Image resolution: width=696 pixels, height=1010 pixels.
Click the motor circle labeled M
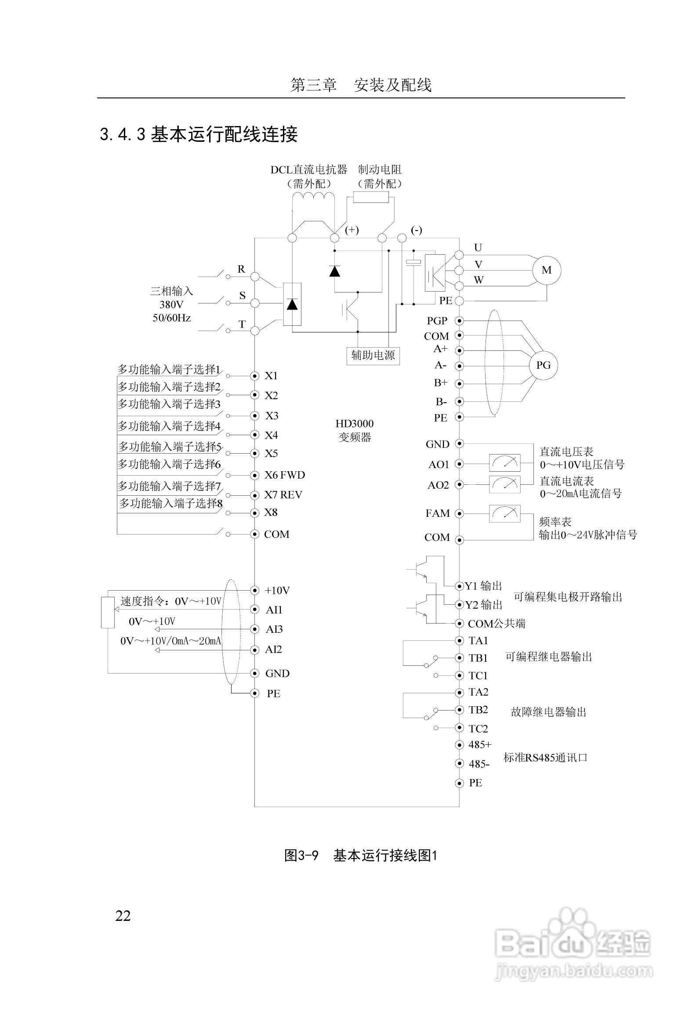547,270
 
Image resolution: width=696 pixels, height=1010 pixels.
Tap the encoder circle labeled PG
543,365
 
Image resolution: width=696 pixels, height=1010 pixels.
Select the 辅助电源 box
373,355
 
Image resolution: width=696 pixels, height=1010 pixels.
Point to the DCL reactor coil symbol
313,197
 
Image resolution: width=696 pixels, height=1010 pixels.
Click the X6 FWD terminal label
284,475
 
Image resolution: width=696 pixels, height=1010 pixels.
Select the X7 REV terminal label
283,495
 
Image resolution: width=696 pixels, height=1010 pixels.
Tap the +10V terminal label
277,591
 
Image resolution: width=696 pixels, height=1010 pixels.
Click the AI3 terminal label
274,629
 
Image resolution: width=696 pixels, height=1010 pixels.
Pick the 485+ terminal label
480,744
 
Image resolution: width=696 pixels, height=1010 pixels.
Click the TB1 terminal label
478,658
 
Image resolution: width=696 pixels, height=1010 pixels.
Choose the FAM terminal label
437,513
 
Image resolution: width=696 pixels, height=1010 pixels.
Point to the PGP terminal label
437,321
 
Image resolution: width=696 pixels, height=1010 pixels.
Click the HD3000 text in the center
355,424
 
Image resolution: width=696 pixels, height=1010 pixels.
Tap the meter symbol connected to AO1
504,462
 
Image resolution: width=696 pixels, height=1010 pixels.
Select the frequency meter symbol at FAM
504,513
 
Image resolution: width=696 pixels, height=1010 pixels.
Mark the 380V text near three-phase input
171,304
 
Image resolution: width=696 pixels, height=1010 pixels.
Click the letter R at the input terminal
241,269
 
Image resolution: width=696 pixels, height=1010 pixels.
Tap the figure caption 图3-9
301,855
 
